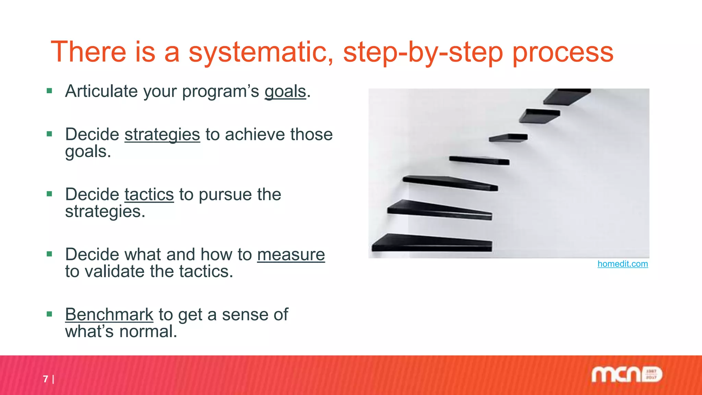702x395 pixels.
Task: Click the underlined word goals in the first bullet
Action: point(285,92)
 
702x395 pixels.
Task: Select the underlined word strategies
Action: point(162,134)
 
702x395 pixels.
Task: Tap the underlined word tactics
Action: point(149,194)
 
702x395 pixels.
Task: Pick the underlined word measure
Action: point(291,254)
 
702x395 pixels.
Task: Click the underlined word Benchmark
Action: point(109,314)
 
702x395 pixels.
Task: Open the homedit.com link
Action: point(622,264)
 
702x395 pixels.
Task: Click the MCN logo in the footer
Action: point(627,375)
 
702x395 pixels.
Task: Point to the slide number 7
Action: point(46,379)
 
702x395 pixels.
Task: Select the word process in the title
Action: point(562,52)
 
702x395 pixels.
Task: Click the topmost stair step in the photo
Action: point(566,96)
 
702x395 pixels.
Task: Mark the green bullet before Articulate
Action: point(50,91)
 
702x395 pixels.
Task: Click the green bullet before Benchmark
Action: point(50,314)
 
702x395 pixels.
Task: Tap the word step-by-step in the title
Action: point(423,52)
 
